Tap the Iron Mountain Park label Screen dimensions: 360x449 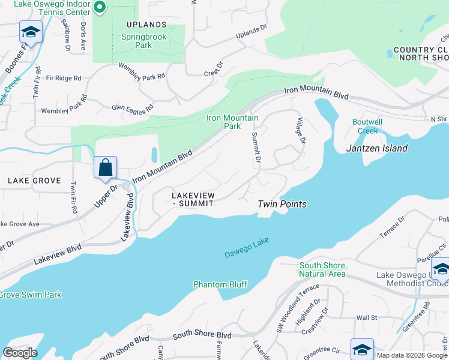[x=232, y=122]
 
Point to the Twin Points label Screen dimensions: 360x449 [x=282, y=204]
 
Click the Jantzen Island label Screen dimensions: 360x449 [x=377, y=148]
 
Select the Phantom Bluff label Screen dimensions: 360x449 [x=220, y=284]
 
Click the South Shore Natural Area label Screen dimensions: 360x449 [x=322, y=269]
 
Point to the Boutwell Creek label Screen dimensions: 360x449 [x=364, y=127]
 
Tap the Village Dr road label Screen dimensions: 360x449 [x=301, y=131]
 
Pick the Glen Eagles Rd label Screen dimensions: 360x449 [x=133, y=107]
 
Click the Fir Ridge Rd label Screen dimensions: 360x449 [x=63, y=78]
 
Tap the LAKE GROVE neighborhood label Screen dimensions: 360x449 [x=34, y=181]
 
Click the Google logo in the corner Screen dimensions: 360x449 [x=20, y=352]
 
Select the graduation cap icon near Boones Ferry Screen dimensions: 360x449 [x=31, y=32]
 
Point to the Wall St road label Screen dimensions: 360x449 [x=366, y=317]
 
